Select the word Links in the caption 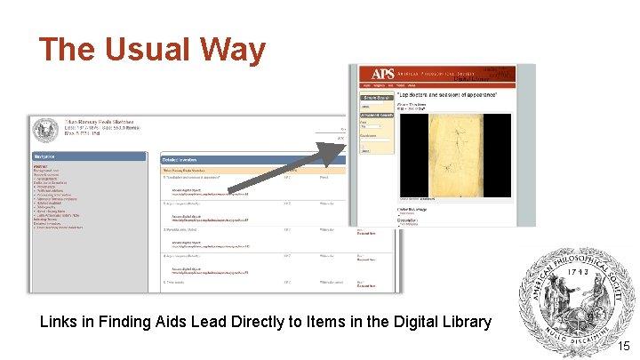tap(61, 322)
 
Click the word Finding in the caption tap(132, 322)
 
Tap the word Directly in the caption tap(269, 322)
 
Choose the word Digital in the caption tap(407, 322)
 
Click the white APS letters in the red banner tap(383, 75)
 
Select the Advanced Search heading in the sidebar tap(377, 115)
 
